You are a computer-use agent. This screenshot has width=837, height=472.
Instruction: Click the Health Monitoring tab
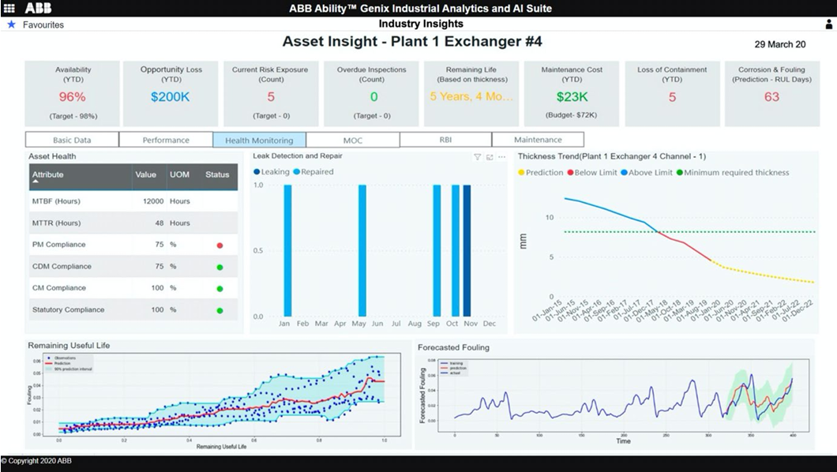tap(259, 140)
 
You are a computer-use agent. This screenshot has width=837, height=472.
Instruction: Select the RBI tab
tap(445, 140)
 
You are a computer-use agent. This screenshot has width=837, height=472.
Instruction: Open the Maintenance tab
tap(538, 140)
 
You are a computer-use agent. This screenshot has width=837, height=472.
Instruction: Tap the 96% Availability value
tap(73, 97)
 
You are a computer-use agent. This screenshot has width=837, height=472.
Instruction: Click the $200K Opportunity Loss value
tap(171, 97)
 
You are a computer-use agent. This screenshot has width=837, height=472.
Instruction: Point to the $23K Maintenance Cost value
tap(572, 97)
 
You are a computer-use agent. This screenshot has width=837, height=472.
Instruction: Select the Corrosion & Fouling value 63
tap(771, 97)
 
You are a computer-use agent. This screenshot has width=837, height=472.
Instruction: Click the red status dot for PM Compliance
tap(220, 245)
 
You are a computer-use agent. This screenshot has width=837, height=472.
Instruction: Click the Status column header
tap(216, 174)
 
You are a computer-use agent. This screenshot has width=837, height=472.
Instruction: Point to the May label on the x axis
tap(358, 324)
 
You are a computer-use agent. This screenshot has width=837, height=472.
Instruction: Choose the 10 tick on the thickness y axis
tap(550, 217)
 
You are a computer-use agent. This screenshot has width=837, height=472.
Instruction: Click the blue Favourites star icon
tap(11, 24)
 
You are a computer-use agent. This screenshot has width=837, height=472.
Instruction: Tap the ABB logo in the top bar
tap(38, 8)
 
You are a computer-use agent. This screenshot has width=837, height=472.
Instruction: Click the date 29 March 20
tap(780, 45)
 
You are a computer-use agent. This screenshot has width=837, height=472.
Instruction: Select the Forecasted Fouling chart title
tap(453, 347)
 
